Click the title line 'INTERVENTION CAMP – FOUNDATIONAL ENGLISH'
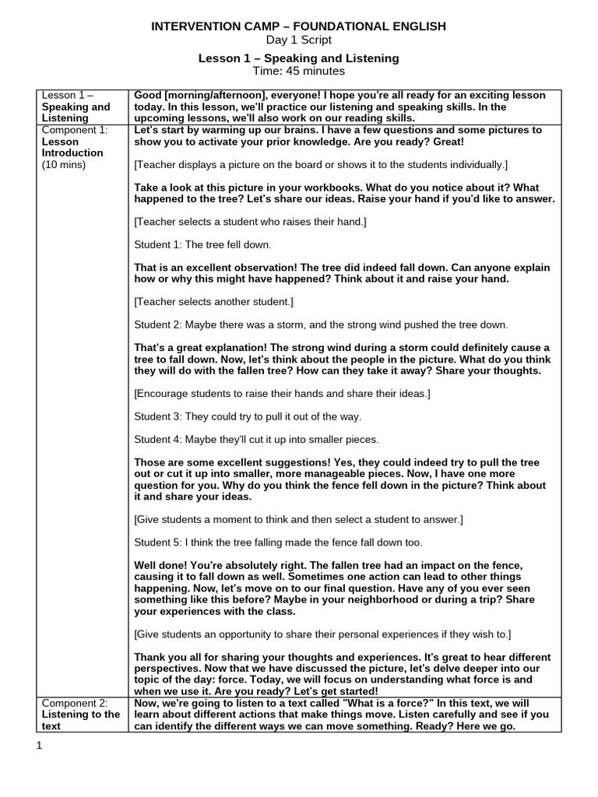click(x=298, y=26)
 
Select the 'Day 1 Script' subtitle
click(x=298, y=40)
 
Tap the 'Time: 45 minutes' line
click(x=298, y=71)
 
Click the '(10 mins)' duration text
click(x=64, y=164)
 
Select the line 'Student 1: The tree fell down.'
click(x=202, y=244)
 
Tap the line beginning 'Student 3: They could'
click(x=248, y=416)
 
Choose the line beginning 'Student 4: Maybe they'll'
click(x=256, y=439)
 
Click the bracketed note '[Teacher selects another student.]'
click(x=213, y=301)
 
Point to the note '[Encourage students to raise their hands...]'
click(x=282, y=394)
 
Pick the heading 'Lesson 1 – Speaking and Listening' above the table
click(x=298, y=58)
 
